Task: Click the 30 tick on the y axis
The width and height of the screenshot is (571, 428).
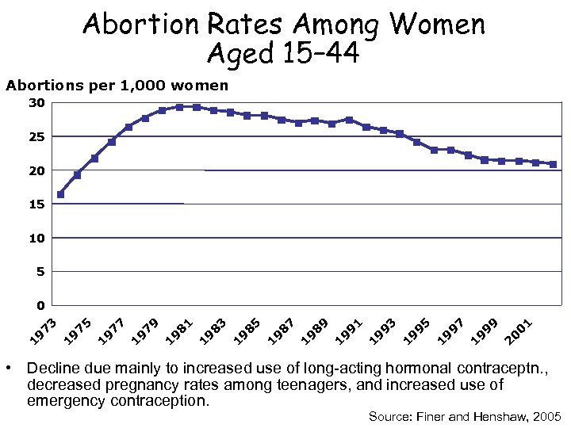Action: pos(36,103)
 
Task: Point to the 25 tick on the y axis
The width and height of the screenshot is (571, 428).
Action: pos(36,137)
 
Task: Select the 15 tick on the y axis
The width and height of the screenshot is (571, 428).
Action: pos(36,204)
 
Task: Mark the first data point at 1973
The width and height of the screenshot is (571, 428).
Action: pos(60,194)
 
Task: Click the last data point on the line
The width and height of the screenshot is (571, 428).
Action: pos(553,164)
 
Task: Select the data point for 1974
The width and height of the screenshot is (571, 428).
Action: pos(77,174)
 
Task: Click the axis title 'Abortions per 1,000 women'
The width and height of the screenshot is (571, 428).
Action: pos(117,85)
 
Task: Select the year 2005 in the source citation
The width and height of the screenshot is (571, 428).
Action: pos(546,416)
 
